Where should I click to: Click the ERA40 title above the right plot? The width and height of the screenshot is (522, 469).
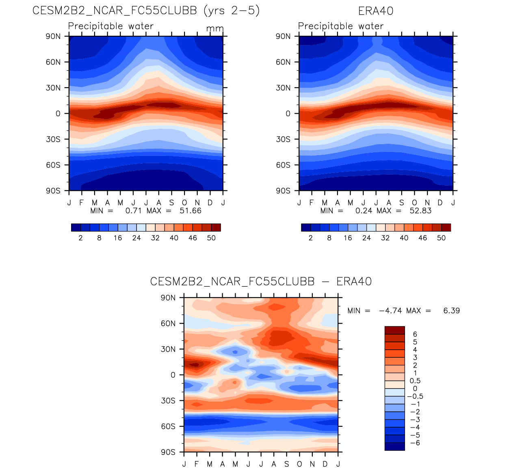(376, 11)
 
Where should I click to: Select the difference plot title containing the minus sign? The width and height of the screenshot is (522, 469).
(261, 281)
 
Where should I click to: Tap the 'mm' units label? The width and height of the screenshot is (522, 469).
(214, 28)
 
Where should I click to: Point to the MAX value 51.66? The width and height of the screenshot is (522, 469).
(191, 211)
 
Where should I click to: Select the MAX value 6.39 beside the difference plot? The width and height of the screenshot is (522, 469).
(451, 311)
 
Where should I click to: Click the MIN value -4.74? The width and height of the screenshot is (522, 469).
(390, 311)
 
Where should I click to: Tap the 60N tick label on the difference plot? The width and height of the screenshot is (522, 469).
(168, 324)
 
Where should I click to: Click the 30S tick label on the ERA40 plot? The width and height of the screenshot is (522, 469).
(283, 139)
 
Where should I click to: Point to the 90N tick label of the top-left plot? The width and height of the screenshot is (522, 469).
(53, 36)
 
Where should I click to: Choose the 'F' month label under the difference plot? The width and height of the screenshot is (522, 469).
(197, 464)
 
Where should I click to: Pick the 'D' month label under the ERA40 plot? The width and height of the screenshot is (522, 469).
(440, 203)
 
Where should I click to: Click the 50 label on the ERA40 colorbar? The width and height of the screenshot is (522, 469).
(441, 238)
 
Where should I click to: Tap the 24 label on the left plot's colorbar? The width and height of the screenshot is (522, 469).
(136, 238)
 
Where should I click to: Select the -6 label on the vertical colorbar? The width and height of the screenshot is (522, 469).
(415, 443)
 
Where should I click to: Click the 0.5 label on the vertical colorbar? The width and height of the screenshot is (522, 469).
(415, 381)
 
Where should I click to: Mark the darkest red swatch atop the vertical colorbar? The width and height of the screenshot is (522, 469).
(394, 330)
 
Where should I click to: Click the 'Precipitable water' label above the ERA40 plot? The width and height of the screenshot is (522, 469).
(340, 26)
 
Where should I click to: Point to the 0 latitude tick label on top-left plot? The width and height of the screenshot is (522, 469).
(58, 114)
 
